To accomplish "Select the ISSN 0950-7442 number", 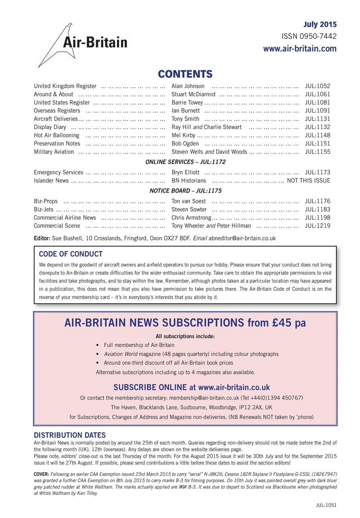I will click(309, 36).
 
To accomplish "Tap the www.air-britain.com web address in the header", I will click(300, 49).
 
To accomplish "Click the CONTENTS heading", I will click(185, 74).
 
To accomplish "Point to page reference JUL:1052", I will click(317, 86).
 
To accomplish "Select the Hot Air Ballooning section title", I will click(57, 135).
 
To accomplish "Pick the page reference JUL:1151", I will click(317, 144).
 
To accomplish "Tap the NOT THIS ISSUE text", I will click(309, 180).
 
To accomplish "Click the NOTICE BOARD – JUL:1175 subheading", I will click(185, 191).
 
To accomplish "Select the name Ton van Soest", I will click(189, 201).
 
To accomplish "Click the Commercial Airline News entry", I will click(65, 218).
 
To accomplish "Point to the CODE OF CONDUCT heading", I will click(70, 255).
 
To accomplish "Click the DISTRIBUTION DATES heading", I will click(70, 435).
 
